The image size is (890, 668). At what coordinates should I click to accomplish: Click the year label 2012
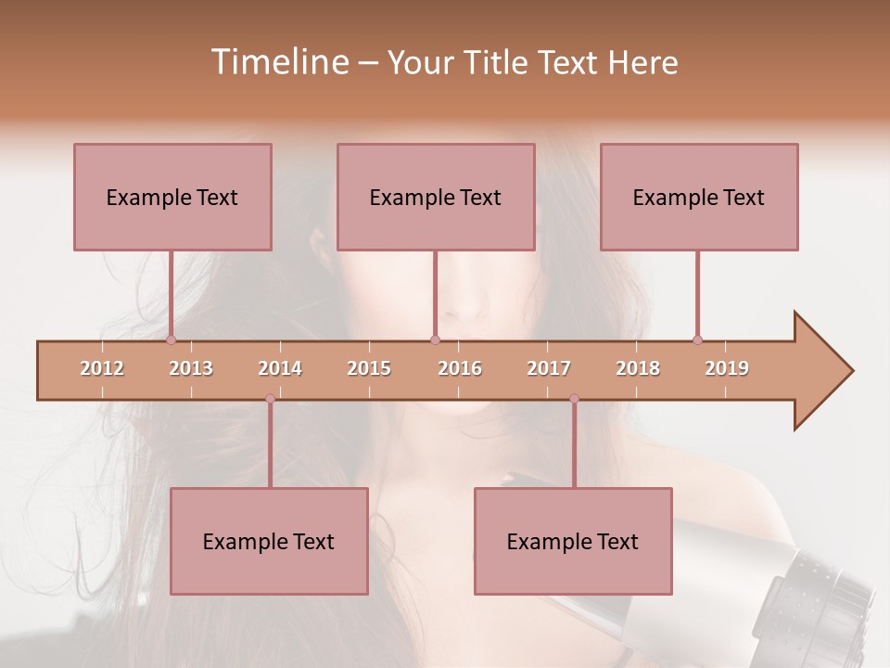tap(102, 368)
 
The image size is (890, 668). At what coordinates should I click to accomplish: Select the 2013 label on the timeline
tap(191, 368)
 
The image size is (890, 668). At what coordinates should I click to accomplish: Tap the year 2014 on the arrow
tap(280, 368)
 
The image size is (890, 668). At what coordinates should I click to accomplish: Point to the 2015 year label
tap(369, 368)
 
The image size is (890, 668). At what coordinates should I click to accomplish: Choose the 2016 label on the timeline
tap(460, 368)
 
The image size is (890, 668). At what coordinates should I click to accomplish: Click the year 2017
tap(549, 368)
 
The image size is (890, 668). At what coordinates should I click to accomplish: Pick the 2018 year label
tap(638, 368)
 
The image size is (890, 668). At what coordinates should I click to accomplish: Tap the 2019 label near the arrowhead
tap(727, 368)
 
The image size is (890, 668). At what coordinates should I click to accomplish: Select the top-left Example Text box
tap(172, 197)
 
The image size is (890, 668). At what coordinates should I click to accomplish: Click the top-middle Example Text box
tap(436, 197)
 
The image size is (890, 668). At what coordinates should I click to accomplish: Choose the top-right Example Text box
tap(699, 197)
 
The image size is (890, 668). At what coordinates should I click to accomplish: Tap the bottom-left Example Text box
tap(269, 541)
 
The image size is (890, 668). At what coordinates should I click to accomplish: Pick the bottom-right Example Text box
tap(573, 541)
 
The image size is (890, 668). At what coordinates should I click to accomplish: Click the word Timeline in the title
tap(278, 62)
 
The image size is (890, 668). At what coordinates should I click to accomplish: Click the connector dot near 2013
tap(171, 340)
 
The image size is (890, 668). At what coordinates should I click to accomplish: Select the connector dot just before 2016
tap(435, 340)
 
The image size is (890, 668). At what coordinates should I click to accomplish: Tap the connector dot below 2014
tap(270, 399)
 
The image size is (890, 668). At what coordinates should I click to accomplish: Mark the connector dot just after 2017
tap(574, 399)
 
